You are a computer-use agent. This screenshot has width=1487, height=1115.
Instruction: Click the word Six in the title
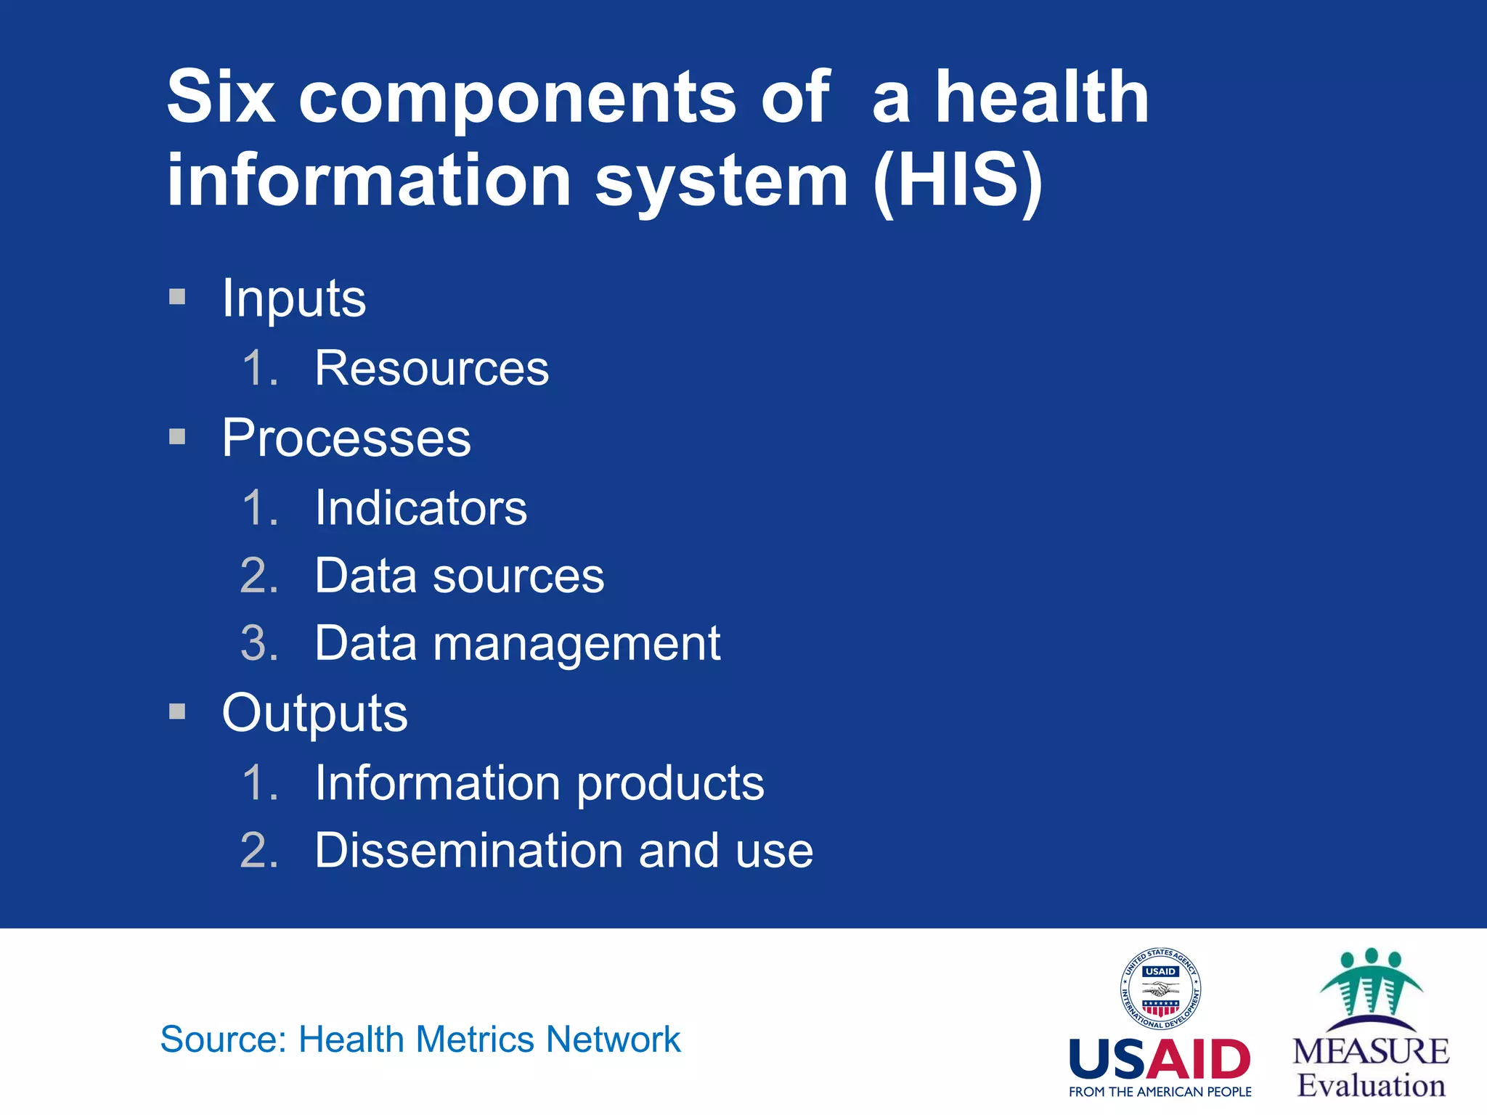[221, 97]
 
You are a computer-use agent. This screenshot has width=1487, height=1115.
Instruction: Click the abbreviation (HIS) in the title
[958, 180]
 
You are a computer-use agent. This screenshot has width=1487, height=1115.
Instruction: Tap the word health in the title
[1041, 97]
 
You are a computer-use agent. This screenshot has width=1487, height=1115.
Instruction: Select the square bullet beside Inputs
[177, 296]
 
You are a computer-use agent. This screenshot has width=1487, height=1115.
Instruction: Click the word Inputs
[294, 298]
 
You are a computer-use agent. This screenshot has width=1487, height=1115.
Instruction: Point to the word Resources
[431, 368]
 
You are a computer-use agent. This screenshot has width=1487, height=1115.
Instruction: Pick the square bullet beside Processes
[177, 436]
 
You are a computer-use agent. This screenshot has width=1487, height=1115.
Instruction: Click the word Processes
[346, 438]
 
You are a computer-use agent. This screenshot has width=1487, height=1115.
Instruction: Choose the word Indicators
[420, 507]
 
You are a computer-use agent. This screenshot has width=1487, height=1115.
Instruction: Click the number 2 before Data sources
[258, 576]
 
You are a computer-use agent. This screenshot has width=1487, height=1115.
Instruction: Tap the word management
[577, 644]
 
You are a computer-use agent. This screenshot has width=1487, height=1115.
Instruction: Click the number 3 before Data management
[258, 643]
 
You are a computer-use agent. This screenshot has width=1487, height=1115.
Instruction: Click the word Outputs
[314, 713]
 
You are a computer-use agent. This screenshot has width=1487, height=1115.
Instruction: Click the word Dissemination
[468, 850]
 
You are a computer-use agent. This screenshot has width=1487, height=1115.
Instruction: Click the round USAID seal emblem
[1160, 989]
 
